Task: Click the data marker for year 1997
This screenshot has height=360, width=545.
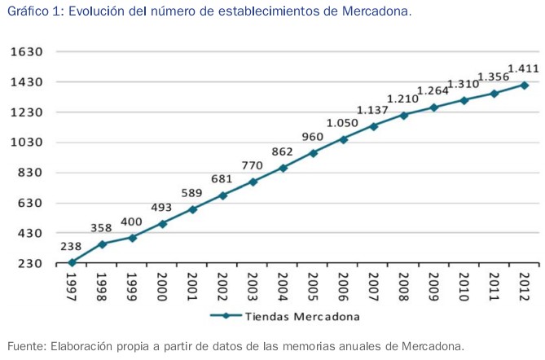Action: [72, 262]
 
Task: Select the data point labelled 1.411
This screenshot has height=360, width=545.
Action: [524, 85]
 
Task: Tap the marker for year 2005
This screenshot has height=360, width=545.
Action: [313, 152]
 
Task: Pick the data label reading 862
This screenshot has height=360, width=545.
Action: [282, 151]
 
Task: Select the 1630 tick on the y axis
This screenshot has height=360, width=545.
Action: [27, 52]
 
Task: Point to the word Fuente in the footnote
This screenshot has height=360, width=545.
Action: [26, 346]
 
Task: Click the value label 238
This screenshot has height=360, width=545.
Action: [71, 246]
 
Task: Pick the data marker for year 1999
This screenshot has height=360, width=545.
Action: [132, 238]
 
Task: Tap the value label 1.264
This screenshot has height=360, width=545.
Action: [433, 90]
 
